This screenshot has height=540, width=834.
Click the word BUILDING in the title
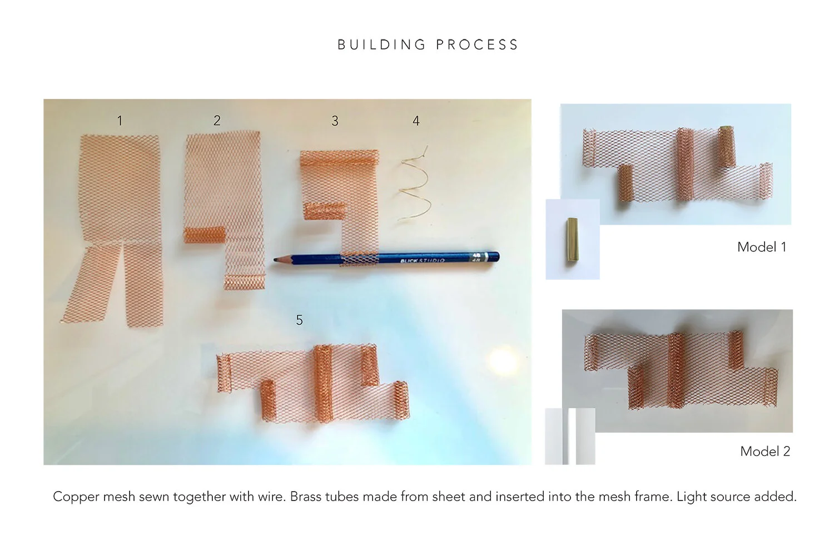click(381, 45)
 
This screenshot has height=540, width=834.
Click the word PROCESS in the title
click(477, 45)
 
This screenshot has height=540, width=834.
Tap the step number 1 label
click(120, 121)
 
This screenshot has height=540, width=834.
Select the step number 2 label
click(217, 121)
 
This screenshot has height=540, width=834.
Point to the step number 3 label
click(335, 121)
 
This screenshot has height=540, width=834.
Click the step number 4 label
click(416, 121)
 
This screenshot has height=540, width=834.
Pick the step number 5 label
click(299, 320)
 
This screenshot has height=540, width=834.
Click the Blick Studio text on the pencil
click(423, 260)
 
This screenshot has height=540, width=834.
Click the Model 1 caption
click(761, 247)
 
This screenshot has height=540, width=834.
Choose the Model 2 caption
click(765, 452)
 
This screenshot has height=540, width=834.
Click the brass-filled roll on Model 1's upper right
click(726, 146)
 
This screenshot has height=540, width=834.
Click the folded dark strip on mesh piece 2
click(204, 234)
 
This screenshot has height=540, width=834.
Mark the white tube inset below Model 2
click(570, 437)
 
